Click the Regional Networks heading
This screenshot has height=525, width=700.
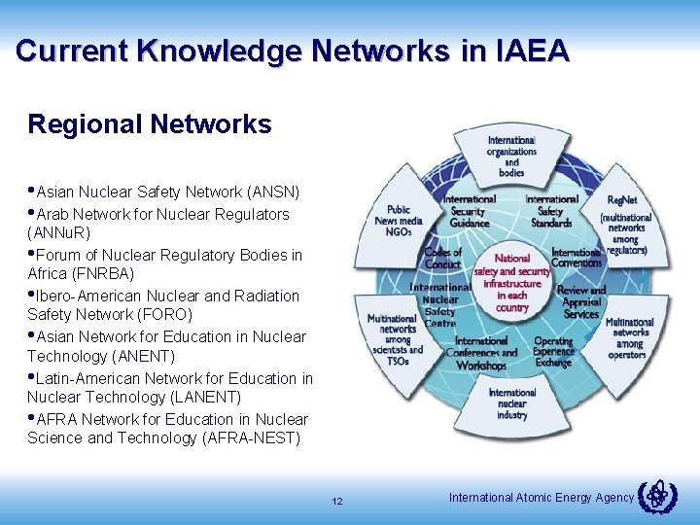click(150, 124)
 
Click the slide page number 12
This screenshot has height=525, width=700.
click(337, 502)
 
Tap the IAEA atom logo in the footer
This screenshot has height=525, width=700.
click(657, 497)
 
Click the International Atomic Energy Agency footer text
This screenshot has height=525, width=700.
click(542, 498)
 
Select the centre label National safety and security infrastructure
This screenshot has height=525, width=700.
click(511, 283)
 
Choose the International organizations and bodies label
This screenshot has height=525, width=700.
click(511, 156)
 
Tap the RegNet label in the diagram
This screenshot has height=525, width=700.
click(621, 199)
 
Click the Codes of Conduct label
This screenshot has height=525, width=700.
click(442, 259)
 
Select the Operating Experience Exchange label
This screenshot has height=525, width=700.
click(553, 352)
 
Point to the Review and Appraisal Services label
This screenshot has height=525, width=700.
click(581, 302)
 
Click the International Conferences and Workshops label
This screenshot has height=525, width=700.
click(480, 353)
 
